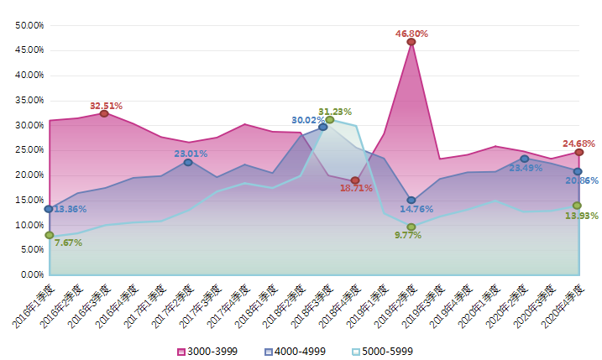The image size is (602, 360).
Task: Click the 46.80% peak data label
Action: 411,34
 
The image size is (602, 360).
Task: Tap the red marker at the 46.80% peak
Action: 411,42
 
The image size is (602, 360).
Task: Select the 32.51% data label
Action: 106,106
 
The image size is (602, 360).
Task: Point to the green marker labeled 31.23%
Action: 330,120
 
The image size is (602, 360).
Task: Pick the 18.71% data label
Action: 332,189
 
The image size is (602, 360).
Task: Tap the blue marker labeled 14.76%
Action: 411,201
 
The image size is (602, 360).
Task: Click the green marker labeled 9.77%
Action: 411,227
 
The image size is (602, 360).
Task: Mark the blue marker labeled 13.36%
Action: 50,208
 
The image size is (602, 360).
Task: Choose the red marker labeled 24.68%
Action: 578,152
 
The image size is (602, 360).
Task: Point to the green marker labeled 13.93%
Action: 578,206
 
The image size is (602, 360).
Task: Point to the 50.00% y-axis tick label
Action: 29,25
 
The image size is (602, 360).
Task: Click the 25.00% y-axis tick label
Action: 29,150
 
